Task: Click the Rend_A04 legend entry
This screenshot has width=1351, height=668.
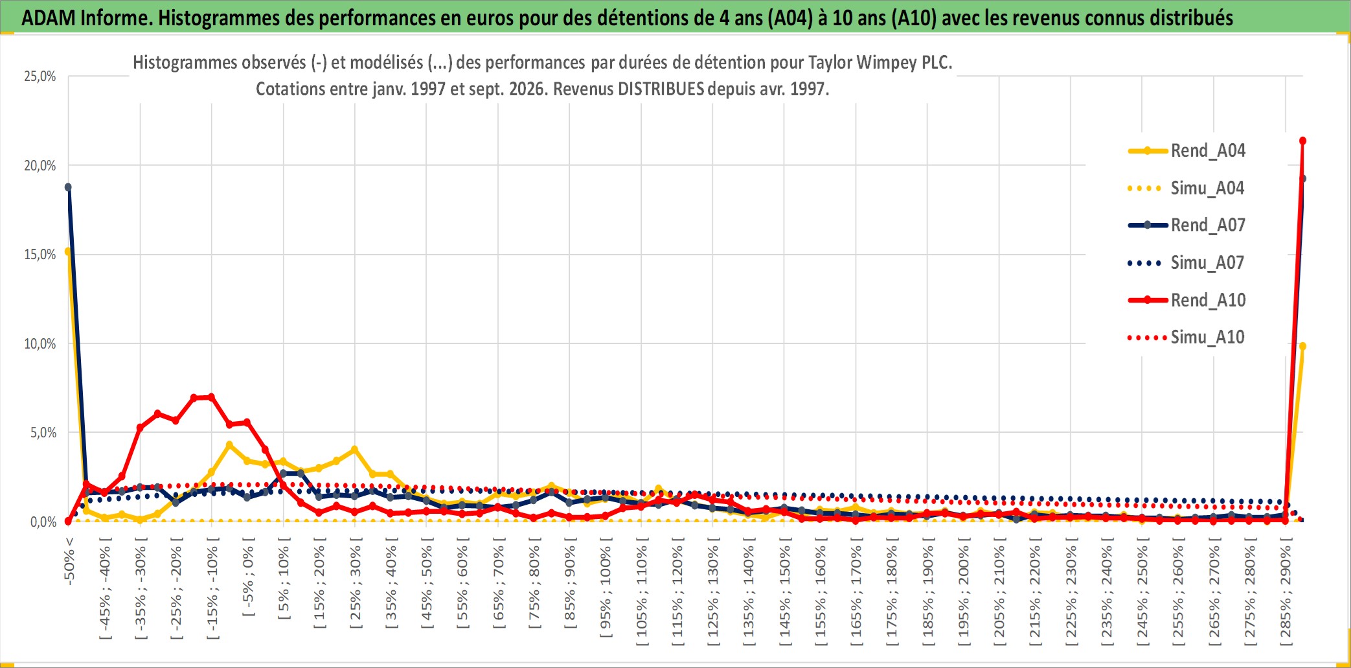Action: click(1186, 151)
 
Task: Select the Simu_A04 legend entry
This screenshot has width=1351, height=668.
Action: click(1186, 189)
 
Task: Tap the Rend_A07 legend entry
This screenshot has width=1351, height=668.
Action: click(1186, 225)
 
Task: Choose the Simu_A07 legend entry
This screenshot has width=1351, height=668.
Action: click(1186, 263)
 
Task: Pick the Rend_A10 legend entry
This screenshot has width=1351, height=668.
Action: click(1186, 300)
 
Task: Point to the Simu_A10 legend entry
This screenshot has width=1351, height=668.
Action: click(1186, 338)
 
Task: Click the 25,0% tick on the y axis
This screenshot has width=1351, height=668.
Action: click(40, 76)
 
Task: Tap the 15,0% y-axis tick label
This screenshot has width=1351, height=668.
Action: click(40, 255)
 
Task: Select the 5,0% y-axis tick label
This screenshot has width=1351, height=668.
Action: click(43, 433)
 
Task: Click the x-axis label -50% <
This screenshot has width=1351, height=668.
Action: click(69, 561)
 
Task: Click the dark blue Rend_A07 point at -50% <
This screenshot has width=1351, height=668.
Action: click(68, 187)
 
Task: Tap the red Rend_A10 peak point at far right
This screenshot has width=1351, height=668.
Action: click(1302, 141)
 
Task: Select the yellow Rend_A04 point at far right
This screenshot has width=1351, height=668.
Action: click(1302, 347)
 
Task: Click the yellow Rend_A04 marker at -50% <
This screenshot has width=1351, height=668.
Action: click(67, 251)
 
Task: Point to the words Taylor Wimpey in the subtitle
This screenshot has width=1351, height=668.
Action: click(852, 63)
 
